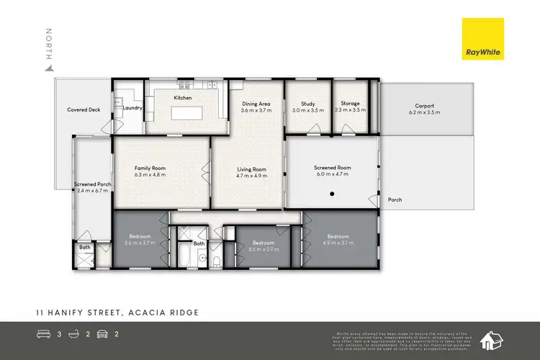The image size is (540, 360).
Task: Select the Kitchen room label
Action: pos(183,97)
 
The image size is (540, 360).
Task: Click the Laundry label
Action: pos(132,108)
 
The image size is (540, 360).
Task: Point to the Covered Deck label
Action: pos(84,110)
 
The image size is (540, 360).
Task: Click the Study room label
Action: pos(308,104)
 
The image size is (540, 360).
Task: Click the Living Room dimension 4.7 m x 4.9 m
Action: pos(252,175)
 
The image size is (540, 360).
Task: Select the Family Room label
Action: pos(150,168)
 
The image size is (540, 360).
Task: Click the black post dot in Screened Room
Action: pos(332,194)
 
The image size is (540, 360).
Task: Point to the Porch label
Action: pos(395,199)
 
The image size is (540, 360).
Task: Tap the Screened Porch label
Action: pos(92,184)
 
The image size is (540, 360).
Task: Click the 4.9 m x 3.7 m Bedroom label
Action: pos(338,236)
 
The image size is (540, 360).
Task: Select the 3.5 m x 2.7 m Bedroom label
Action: pos(262,243)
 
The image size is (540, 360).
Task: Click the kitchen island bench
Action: pos(182,113)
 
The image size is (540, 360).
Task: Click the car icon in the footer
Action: pos(102,334)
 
